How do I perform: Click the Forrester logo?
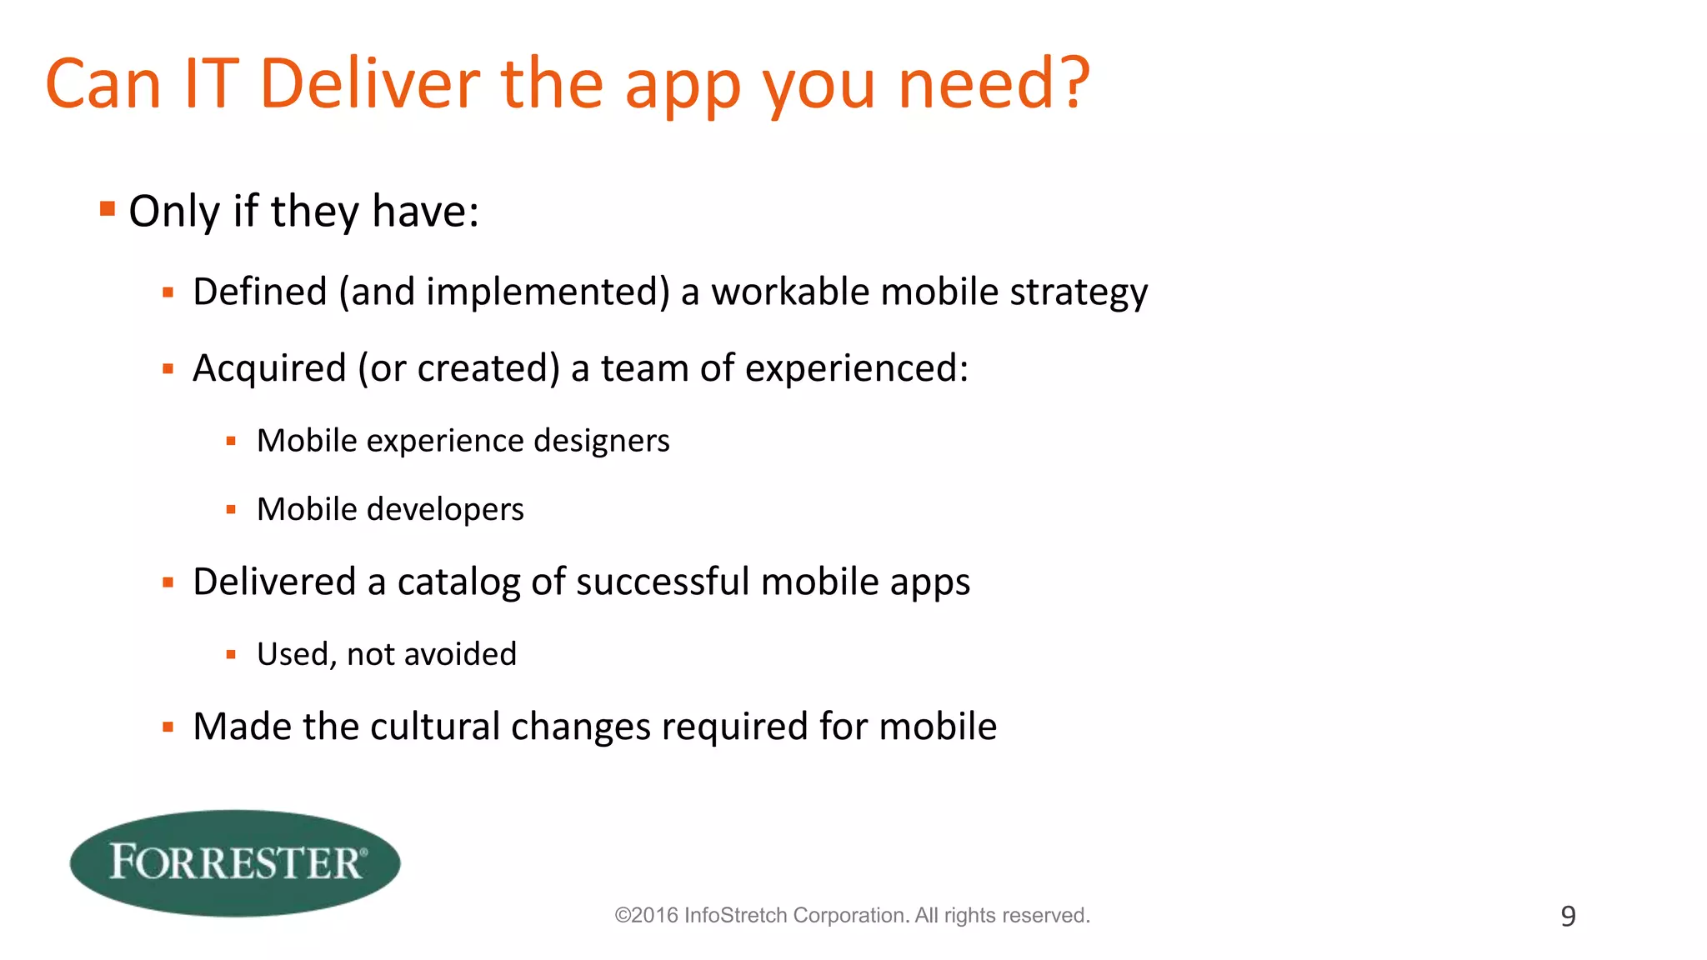point(235,862)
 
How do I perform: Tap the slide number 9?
point(1568,916)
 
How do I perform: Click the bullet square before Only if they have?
point(107,208)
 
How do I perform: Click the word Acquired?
point(269,368)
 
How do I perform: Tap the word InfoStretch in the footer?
point(735,915)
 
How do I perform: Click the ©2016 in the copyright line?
point(646,915)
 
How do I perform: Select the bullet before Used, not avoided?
point(231,655)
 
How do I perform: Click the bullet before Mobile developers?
point(231,509)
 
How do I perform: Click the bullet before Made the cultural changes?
point(168,727)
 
